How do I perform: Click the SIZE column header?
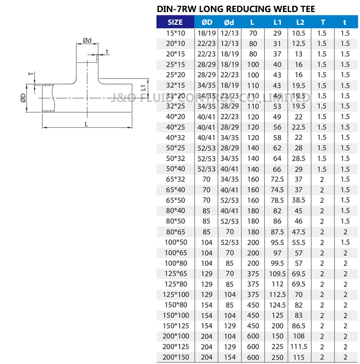coord(175,22)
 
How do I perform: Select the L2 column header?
coord(300,22)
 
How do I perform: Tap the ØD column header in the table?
coord(207,22)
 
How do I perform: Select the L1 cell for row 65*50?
coord(277,200)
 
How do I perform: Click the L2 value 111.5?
coord(299,347)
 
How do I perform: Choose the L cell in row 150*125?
coord(253,326)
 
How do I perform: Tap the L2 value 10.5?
coord(299,33)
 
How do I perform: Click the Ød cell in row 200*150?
coord(229,357)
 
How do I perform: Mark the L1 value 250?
coord(277,357)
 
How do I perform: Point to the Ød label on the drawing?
coord(87,41)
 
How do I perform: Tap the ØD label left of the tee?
coord(23,98)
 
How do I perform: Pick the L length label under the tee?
coord(87,124)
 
